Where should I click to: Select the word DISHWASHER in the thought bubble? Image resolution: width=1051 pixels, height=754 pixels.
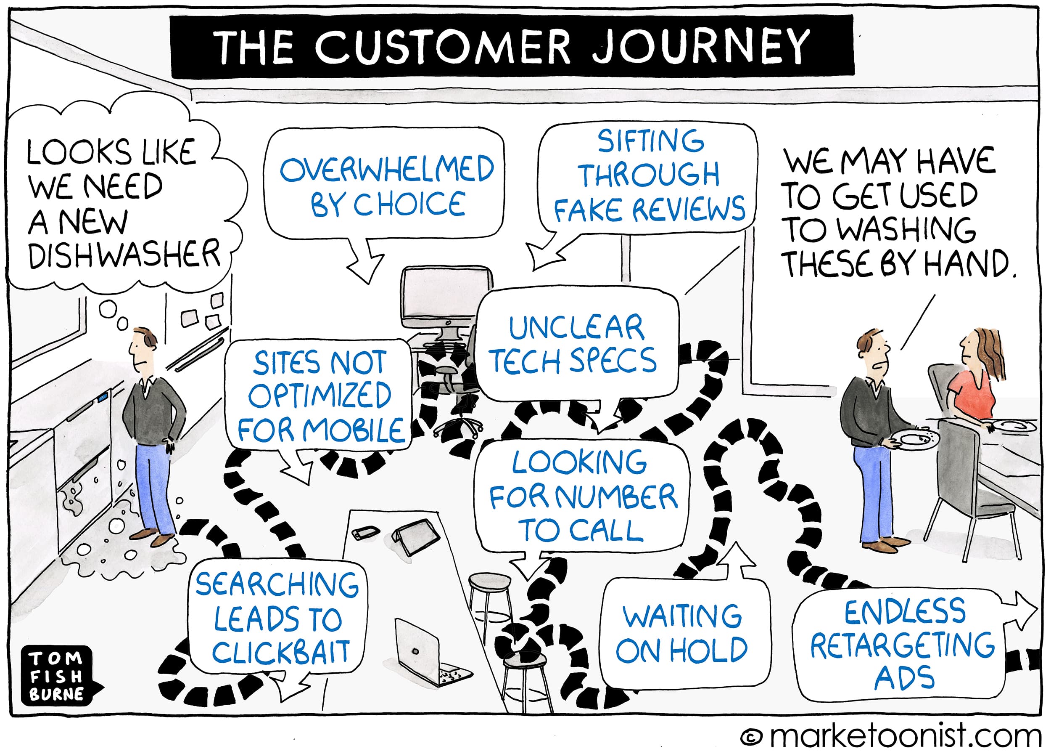click(x=124, y=254)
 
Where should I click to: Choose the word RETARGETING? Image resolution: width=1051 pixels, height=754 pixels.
click(x=902, y=645)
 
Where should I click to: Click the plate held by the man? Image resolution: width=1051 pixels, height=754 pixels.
click(x=913, y=439)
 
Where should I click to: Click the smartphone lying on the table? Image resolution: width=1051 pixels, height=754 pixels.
click(x=366, y=532)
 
